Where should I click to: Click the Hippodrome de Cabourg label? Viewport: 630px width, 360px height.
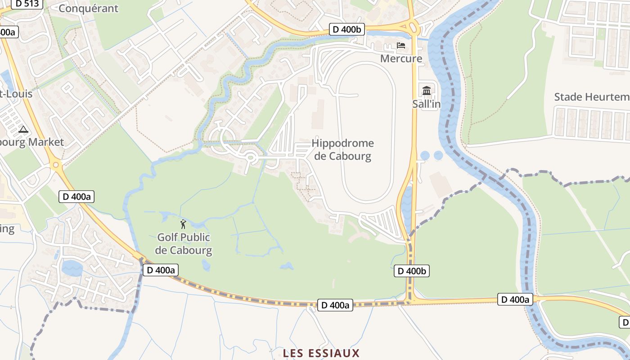[x=342, y=150]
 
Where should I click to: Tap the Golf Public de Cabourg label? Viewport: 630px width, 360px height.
[x=184, y=243]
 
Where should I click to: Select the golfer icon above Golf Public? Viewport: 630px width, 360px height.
[x=183, y=224]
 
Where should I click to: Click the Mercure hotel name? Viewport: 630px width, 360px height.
[x=401, y=58]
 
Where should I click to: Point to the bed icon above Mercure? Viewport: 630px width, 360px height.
[x=400, y=45]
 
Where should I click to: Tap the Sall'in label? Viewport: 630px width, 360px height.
[x=426, y=104]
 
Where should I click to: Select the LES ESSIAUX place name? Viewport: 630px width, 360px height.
[x=321, y=353]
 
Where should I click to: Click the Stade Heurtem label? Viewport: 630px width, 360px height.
[x=591, y=97]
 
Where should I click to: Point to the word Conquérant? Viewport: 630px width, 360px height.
[x=88, y=8]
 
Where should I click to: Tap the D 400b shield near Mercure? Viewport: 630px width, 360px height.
[x=346, y=30]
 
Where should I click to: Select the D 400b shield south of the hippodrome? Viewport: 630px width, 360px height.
[x=411, y=271]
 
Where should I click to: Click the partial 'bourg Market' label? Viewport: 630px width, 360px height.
[x=31, y=142]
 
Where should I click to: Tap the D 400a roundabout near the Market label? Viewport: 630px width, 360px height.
[x=56, y=165]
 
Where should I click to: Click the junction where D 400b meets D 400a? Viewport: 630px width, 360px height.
[x=410, y=300]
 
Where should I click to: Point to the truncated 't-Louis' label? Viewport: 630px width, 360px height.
[x=16, y=94]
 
